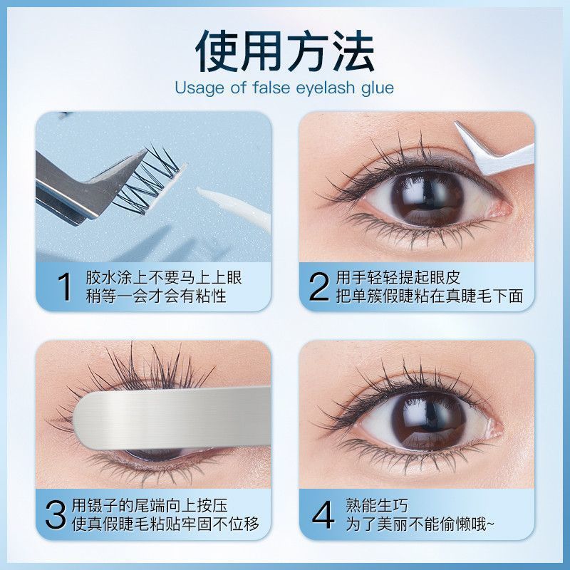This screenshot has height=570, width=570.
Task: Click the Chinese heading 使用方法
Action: point(284,51)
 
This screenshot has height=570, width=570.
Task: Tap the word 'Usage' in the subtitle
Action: point(199,88)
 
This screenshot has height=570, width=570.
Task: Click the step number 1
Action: point(65,287)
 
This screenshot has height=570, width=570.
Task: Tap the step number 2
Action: point(318,287)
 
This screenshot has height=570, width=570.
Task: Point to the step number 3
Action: point(56,515)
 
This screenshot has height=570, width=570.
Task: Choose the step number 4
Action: point(323,515)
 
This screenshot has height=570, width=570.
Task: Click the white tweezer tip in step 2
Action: point(459,126)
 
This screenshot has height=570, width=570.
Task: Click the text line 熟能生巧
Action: point(377,505)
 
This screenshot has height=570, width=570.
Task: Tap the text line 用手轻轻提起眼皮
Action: point(398,277)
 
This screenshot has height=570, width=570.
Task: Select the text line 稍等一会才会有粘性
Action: point(156,296)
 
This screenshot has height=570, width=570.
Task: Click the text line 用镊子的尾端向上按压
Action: point(150,505)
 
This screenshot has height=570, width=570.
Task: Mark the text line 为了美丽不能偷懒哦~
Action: point(420,524)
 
